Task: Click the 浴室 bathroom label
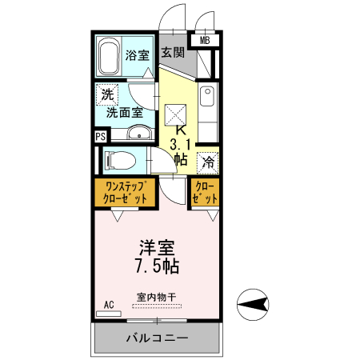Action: tap(138, 55)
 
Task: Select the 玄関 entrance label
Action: tap(173, 53)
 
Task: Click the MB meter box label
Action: tap(205, 40)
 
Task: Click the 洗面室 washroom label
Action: tap(126, 112)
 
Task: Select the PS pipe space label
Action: tap(100, 136)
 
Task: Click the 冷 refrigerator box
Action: tap(207, 161)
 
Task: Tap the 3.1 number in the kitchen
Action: tap(179, 144)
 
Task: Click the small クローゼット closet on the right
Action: tap(206, 192)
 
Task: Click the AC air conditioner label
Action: tap(109, 305)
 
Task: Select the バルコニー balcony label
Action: tap(157, 338)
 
